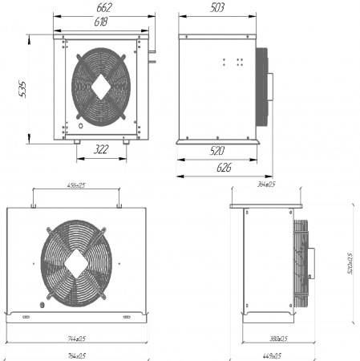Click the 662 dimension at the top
(x=102, y=7)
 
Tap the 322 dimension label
(x=102, y=150)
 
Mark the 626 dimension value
(x=224, y=168)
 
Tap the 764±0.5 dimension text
(x=76, y=354)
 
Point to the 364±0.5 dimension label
(x=265, y=185)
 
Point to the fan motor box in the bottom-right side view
(x=311, y=262)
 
